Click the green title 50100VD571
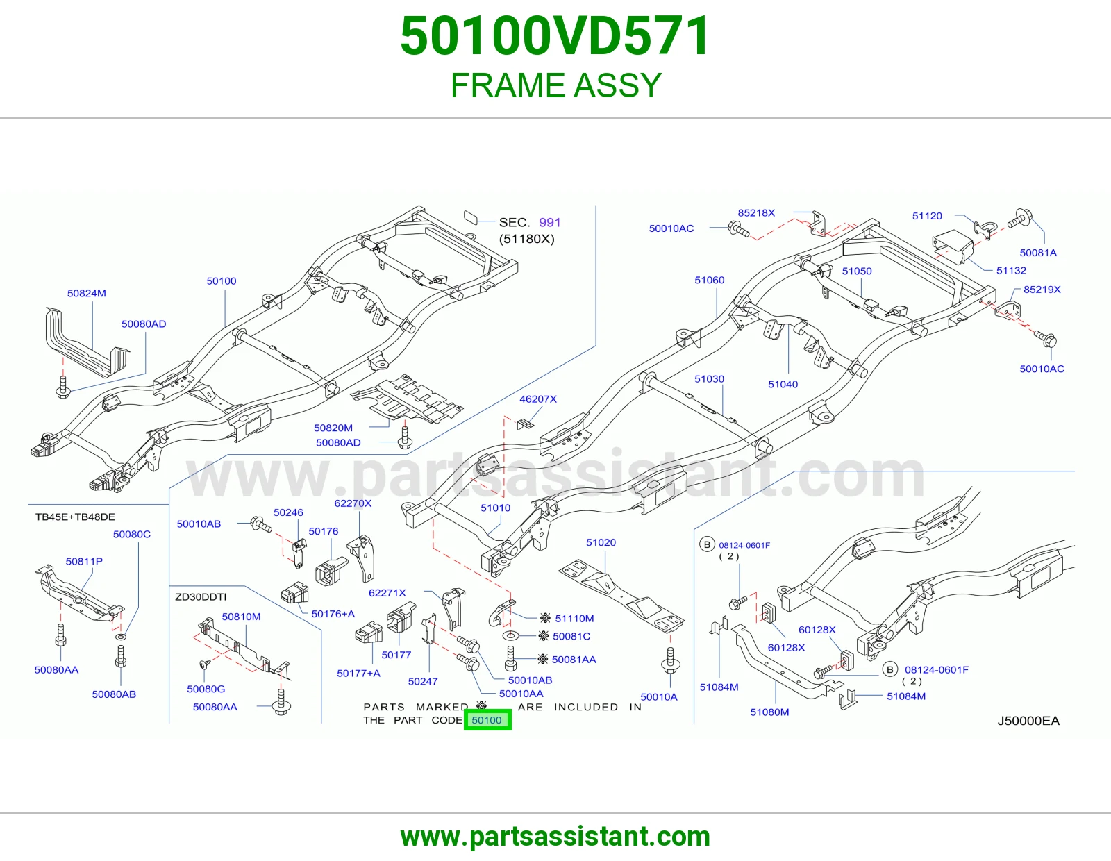(555, 36)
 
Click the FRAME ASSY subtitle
(555, 85)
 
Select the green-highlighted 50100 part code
(487, 720)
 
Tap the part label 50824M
(86, 293)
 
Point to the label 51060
(709, 280)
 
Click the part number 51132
(1011, 271)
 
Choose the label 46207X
(538, 399)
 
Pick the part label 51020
(601, 542)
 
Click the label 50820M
(333, 428)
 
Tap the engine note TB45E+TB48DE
(75, 517)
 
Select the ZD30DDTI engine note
(201, 596)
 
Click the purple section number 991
(550, 222)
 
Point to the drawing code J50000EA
(1028, 721)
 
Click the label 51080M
(769, 712)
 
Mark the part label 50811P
(84, 561)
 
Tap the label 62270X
(353, 503)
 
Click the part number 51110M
(574, 618)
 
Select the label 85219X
(1042, 290)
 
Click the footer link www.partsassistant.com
(555, 837)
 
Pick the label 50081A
(1038, 253)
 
